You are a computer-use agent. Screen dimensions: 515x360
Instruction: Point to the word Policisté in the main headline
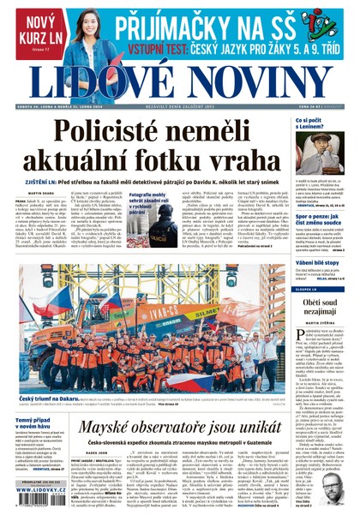(x=111, y=131)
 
